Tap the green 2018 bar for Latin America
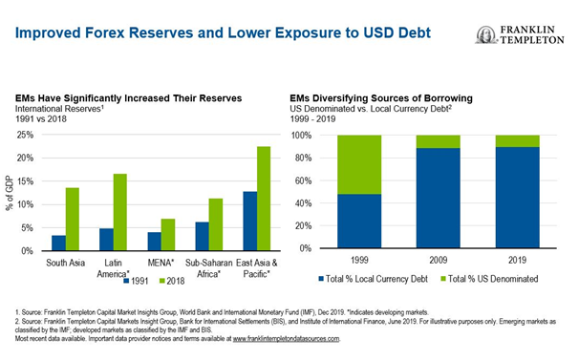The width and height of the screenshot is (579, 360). click(x=119, y=212)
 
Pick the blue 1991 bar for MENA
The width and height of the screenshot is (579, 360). click(x=153, y=241)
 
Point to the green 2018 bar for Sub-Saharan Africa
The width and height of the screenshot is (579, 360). click(x=216, y=224)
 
